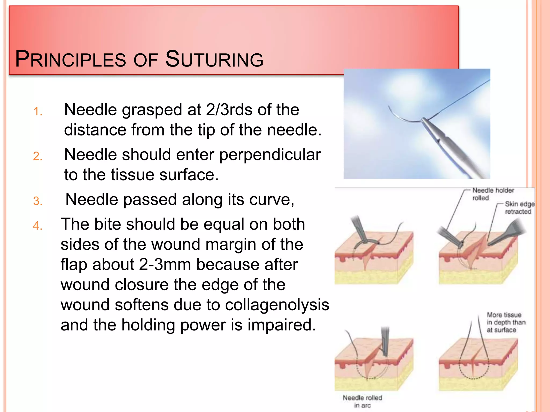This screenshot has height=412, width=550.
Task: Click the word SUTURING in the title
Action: tap(214, 59)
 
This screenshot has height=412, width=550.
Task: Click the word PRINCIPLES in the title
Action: tap(71, 59)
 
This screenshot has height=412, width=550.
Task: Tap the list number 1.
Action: tap(38, 111)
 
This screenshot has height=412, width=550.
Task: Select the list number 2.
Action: tap(38, 156)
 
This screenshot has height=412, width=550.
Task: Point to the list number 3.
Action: tap(38, 201)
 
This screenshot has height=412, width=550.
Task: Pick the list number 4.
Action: tap(38, 226)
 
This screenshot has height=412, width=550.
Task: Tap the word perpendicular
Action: tap(270, 155)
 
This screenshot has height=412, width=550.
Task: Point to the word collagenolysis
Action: tap(277, 305)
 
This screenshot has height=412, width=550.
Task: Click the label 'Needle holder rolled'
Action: tap(493, 194)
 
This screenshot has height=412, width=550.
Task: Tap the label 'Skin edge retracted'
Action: tap(519, 208)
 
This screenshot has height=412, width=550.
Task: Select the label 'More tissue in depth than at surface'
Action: tap(506, 322)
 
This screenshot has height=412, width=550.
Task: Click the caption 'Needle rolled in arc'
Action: tap(362, 401)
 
